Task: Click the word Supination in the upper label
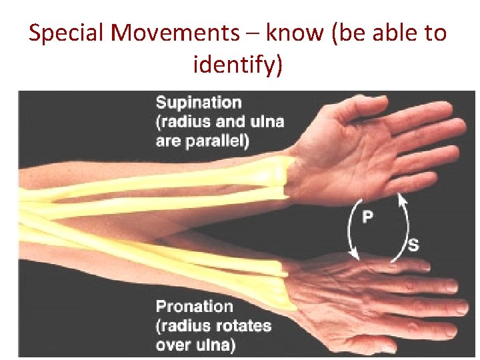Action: [198, 103]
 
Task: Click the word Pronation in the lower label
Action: [194, 307]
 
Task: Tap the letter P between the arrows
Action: [367, 217]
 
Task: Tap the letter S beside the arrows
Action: [413, 245]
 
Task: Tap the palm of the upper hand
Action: [373, 153]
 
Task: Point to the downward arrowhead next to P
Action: [354, 253]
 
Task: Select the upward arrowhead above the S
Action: [401, 197]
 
